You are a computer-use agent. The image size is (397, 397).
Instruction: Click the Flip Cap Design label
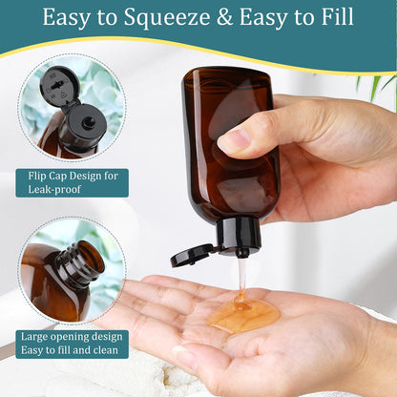[72, 176]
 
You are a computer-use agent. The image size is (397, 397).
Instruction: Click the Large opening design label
[73, 337]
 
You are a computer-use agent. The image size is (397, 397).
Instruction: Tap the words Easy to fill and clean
[71, 350]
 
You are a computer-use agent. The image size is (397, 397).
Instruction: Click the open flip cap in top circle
[59, 88]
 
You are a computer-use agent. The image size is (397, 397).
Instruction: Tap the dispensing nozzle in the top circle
[87, 123]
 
